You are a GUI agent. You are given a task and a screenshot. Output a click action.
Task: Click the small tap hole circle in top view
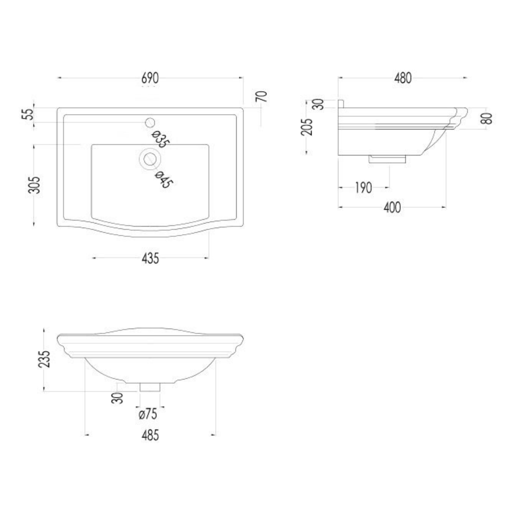coord(150,122)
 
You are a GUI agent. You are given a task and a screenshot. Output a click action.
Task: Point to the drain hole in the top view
coord(150,159)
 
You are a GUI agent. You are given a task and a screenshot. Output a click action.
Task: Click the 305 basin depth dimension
coord(34,185)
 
